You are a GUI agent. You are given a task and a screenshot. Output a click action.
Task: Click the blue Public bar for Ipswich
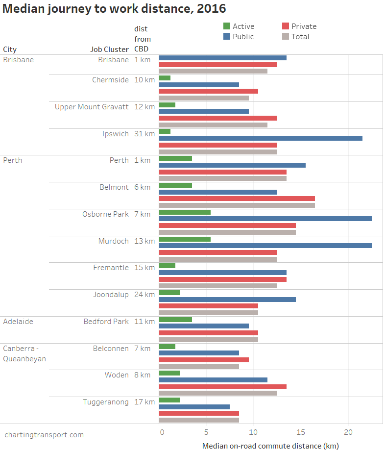click(261, 138)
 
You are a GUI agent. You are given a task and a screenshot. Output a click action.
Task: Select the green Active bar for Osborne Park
click(185, 212)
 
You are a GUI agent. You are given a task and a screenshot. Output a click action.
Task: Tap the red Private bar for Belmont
click(237, 199)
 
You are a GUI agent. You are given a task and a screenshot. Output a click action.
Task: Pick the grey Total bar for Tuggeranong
click(199, 420)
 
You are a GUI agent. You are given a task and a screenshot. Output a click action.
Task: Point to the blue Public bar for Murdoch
click(265, 246)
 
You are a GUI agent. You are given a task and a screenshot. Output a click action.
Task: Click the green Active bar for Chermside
click(165, 78)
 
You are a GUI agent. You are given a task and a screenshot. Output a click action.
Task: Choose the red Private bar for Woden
click(222, 387)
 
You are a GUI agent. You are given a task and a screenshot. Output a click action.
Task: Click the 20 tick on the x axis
click(348, 432)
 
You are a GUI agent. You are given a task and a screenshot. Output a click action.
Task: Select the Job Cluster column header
click(109, 49)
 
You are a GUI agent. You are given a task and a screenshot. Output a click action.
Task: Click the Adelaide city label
click(18, 322)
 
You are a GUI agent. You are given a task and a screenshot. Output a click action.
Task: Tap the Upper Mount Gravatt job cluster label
click(92, 107)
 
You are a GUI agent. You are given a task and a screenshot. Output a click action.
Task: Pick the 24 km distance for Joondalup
click(144, 295)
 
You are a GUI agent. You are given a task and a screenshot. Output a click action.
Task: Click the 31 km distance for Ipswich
click(144, 133)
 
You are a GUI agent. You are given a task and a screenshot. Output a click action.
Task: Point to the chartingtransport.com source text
click(44, 435)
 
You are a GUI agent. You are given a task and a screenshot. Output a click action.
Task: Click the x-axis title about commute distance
click(270, 446)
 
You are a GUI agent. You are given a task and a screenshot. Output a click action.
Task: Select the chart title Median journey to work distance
click(115, 9)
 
